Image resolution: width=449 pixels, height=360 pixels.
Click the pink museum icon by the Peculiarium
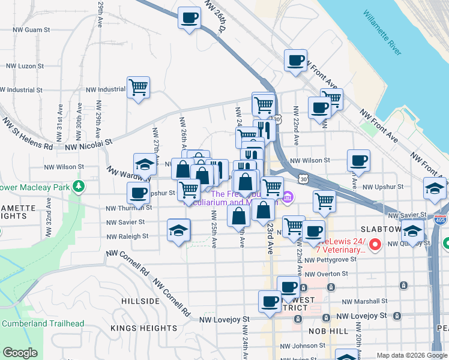288,197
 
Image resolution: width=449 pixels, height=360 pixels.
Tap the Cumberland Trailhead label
43,323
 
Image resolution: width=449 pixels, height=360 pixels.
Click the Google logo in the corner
20,353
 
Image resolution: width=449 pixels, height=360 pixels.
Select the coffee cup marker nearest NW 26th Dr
189,18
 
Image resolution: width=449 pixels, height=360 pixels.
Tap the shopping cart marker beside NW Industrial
138,88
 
